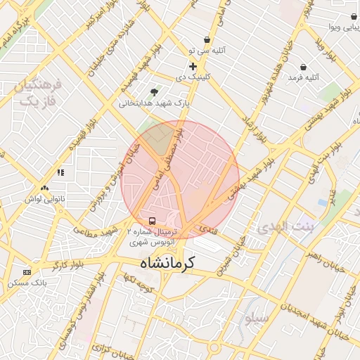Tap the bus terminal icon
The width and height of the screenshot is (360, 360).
click(x=153, y=220)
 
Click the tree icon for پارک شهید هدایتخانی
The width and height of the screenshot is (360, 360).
click(x=154, y=91)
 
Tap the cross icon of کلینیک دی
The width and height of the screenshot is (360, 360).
click(x=193, y=66)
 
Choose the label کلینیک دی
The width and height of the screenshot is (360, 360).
click(x=192, y=77)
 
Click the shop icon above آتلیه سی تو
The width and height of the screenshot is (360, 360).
click(x=207, y=40)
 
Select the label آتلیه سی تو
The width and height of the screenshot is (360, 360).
click(x=200, y=51)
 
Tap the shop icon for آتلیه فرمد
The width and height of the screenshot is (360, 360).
click(x=303, y=67)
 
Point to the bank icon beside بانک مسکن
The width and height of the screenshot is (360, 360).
click(x=27, y=272)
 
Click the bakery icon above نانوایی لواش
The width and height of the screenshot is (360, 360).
click(x=44, y=188)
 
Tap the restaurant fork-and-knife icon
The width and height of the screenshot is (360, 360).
click(x=61, y=172)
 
